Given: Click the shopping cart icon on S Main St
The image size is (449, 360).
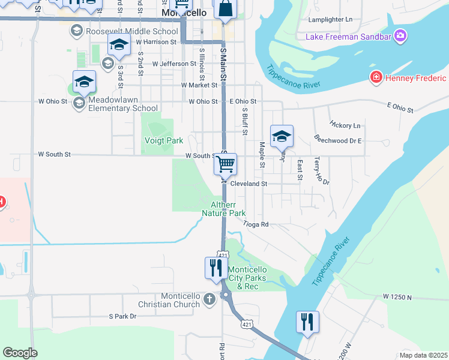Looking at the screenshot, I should pos(226,163).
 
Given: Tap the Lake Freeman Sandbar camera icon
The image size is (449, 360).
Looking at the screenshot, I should pos(400,37).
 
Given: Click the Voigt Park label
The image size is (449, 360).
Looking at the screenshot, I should pos(163,141).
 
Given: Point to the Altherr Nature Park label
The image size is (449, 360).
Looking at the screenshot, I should pos(224,209).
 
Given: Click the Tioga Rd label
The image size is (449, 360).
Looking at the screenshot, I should pos(256,224).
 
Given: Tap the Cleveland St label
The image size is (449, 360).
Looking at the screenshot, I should pos(249,184).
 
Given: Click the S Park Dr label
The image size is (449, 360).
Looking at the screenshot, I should pos(123,316).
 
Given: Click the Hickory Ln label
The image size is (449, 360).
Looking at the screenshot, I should pos(345,125).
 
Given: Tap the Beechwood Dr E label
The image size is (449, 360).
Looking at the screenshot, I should pos(338,140).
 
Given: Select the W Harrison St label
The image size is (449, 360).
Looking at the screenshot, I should pos(156,42).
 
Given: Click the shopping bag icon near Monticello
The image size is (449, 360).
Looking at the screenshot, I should pos(226,9).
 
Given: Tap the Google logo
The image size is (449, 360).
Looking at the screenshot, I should pos(20,353).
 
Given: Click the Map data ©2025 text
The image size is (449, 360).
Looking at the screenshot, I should pos(423,355).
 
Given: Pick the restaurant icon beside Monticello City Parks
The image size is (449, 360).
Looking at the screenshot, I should pos(214,267).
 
